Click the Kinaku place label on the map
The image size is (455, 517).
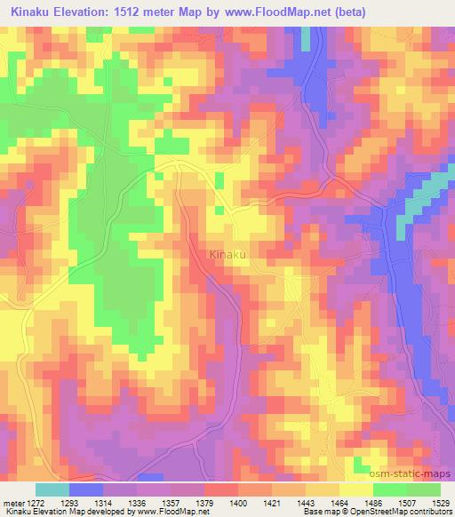click(x=228, y=255)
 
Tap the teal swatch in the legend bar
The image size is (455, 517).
click(x=52, y=489)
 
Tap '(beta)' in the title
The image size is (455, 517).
click(x=349, y=10)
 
